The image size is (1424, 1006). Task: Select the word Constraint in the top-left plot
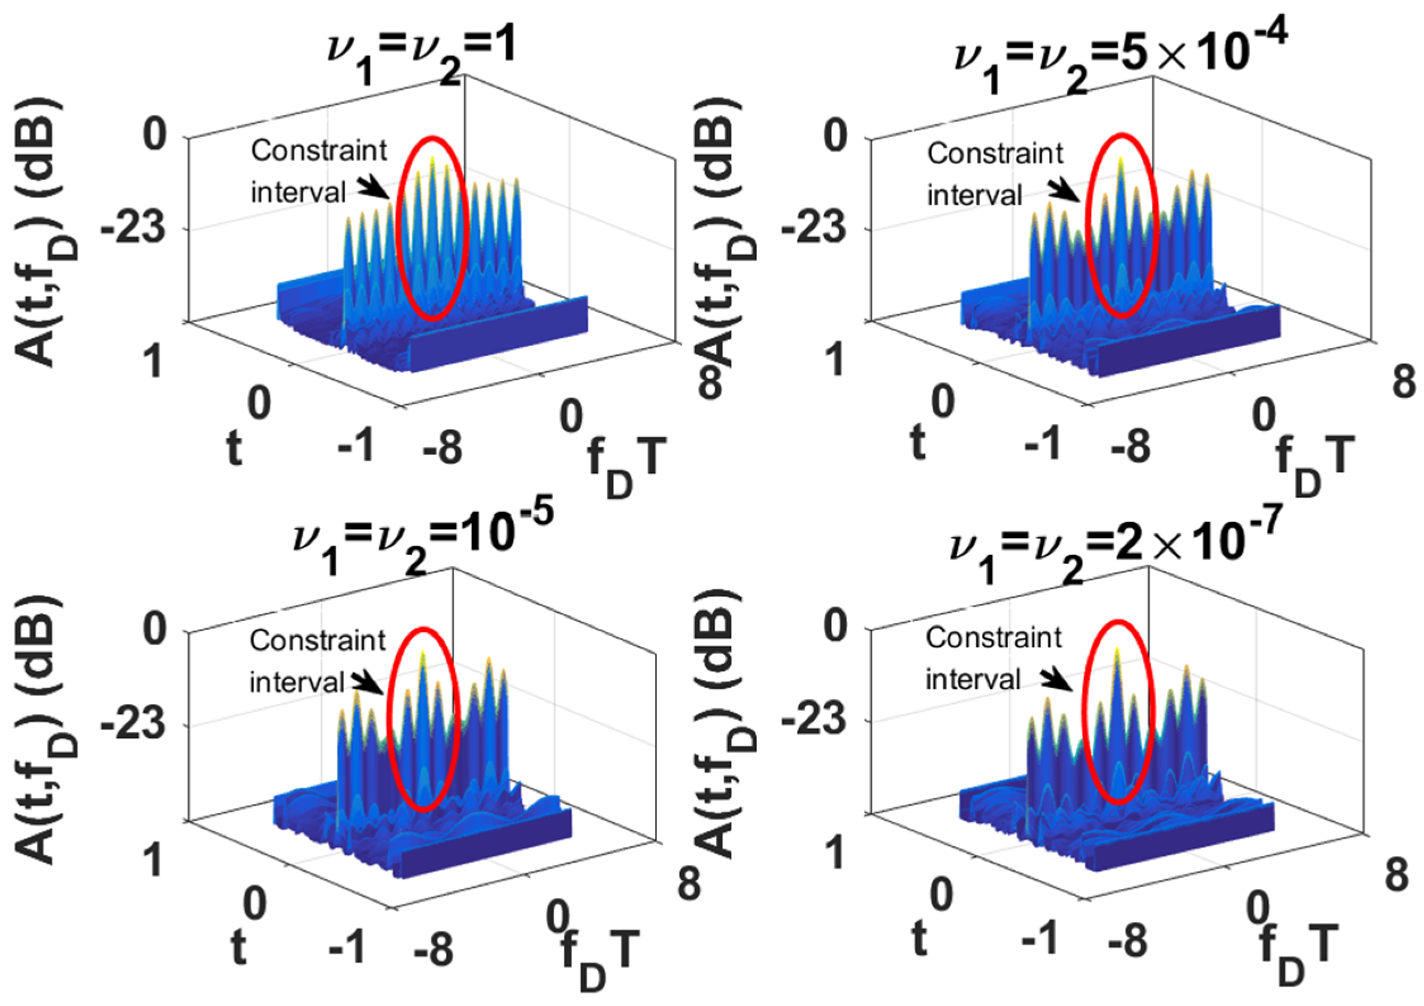319,150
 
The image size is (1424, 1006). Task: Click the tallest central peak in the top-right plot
1121,162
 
